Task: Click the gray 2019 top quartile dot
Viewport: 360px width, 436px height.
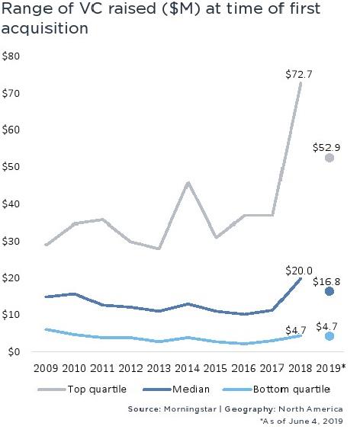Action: tap(329, 158)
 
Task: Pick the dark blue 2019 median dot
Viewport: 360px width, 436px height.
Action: tap(329, 291)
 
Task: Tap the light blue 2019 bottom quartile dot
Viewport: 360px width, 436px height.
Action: tap(329, 336)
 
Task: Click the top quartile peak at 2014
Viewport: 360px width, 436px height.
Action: tap(188, 182)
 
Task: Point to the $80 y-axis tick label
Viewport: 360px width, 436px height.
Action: tap(11, 56)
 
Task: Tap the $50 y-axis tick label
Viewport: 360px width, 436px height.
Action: tap(11, 167)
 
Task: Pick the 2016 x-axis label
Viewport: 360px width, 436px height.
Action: tap(244, 368)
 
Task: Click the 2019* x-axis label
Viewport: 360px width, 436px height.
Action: tap(332, 368)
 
